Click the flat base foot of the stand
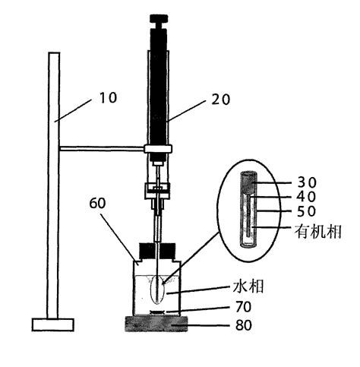point(53,325)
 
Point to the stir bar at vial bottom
point(156,312)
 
